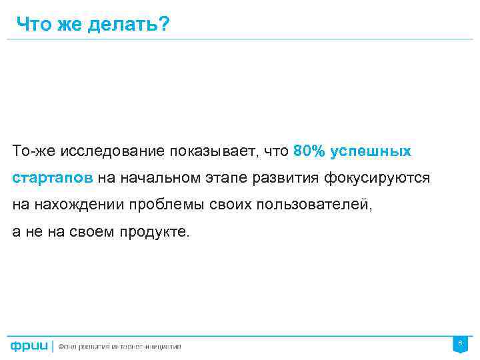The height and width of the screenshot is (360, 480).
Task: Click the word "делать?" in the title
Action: tap(129, 25)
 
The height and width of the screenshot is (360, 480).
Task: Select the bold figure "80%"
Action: tap(308, 151)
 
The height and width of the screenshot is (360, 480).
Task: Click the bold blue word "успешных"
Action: tap(371, 151)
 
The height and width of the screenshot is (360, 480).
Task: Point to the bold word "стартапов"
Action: tap(53, 178)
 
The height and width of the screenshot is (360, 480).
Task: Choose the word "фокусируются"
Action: tap(377, 178)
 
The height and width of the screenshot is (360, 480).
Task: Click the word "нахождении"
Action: tap(78, 205)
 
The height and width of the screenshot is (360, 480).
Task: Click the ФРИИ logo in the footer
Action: tap(28, 346)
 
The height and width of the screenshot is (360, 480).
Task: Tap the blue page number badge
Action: tap(459, 345)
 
